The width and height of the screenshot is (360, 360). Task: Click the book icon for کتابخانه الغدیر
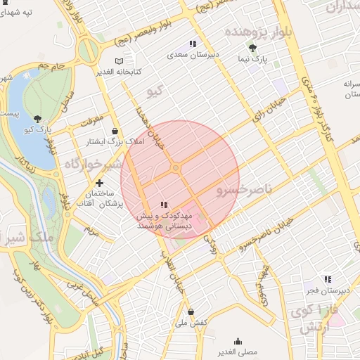click(x=117, y=61)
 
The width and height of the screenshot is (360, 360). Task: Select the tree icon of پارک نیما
click(x=252, y=48)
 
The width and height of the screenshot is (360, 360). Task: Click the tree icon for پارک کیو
click(x=37, y=120)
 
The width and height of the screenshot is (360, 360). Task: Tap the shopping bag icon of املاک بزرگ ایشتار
click(x=115, y=130)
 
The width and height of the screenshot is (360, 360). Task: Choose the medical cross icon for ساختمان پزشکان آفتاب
click(x=100, y=183)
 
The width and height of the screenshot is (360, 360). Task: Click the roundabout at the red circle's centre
click(x=175, y=168)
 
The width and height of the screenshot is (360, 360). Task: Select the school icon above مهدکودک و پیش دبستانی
click(x=164, y=205)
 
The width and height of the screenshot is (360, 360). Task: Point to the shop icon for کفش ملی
click(x=191, y=311)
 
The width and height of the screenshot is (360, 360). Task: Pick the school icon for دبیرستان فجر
click(x=327, y=279)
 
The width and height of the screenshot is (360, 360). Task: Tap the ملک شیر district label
click(x=27, y=238)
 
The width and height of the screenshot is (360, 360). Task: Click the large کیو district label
click(x=154, y=91)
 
